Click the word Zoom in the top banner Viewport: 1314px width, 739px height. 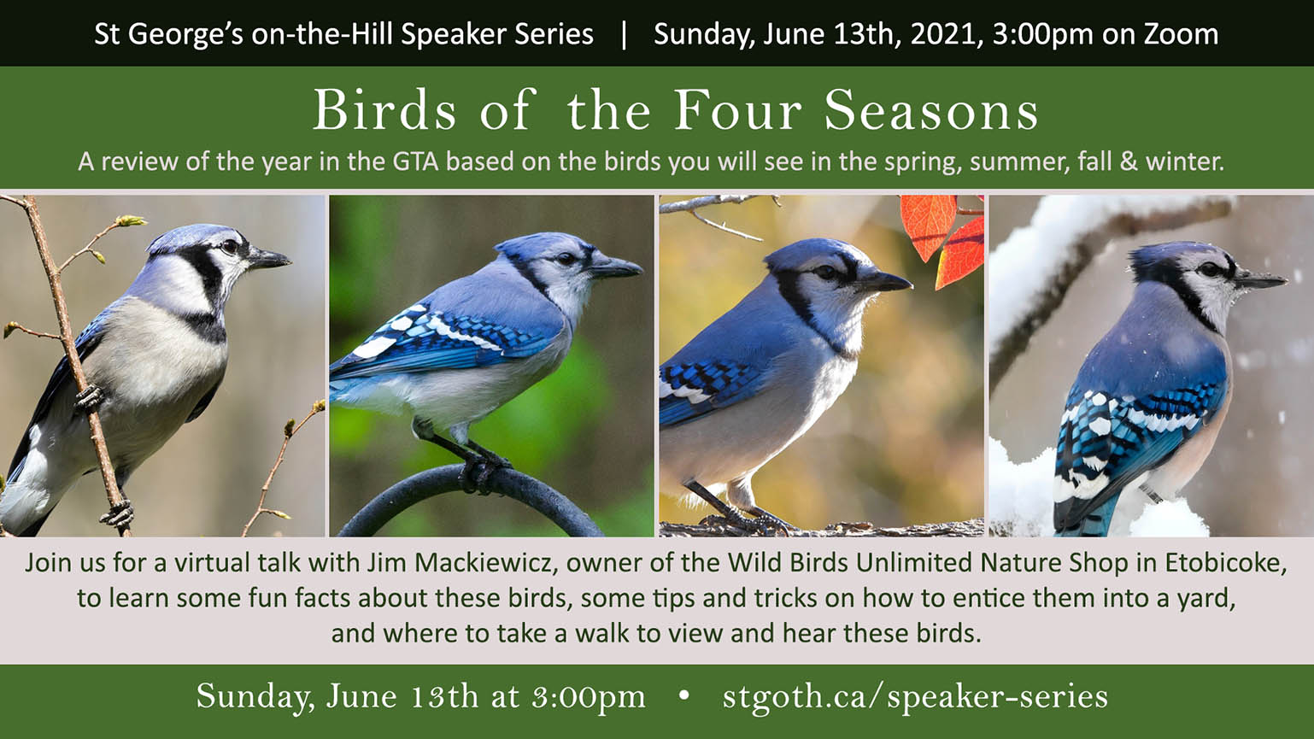pos(1180,34)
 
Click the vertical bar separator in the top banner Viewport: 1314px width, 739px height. pos(624,34)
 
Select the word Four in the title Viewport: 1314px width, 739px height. pos(738,110)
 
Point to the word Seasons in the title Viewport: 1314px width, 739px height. pos(931,110)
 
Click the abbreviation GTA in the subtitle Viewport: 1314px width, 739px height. pos(415,161)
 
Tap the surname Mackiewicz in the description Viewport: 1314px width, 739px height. pos(484,563)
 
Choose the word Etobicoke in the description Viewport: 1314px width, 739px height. pos(1225,563)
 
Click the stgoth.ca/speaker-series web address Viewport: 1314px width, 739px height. pos(915,697)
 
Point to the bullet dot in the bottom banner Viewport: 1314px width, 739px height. pos(683,696)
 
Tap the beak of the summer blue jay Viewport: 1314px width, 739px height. pos(616,268)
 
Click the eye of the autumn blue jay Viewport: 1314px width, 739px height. pos(826,273)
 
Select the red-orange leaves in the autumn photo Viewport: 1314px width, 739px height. pos(942,240)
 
